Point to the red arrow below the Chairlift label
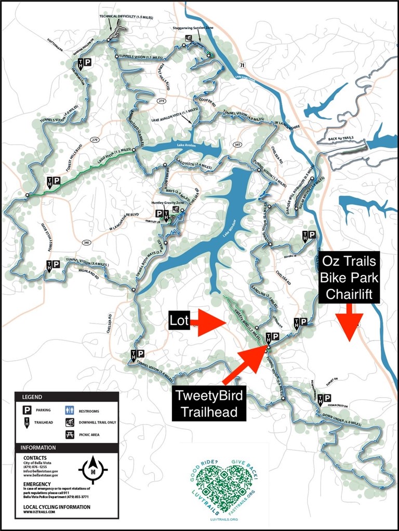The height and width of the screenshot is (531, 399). pyautogui.click(x=348, y=322)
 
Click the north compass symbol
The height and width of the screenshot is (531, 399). pyautogui.click(x=92, y=469)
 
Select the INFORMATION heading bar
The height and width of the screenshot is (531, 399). pyautogui.click(x=66, y=447)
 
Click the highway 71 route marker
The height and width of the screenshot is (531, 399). pyautogui.click(x=242, y=64)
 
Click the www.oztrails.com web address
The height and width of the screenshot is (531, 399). pyautogui.click(x=39, y=512)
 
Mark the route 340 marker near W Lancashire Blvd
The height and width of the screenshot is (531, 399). pyautogui.click(x=86, y=242)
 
